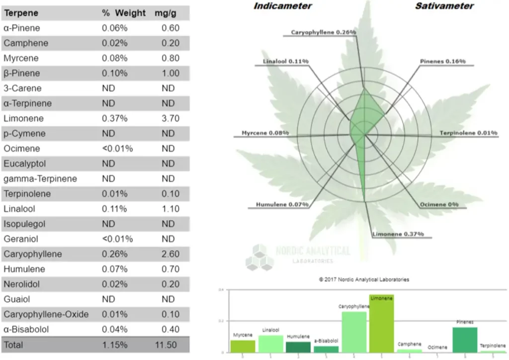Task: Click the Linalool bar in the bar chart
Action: [x=270, y=344]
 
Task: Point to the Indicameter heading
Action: [x=283, y=6]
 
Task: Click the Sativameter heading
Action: [x=444, y=6]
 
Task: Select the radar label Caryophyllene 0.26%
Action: [x=324, y=32]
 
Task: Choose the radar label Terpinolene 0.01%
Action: [x=468, y=133]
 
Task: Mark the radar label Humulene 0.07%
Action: [x=282, y=204]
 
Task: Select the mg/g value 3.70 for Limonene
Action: [x=170, y=118]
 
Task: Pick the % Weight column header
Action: [x=124, y=13]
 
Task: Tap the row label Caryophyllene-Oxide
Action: [x=46, y=314]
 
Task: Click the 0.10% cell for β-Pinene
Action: [x=115, y=73]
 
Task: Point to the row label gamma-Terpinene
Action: [x=40, y=179]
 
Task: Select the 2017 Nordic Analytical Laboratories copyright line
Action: [x=364, y=279]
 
